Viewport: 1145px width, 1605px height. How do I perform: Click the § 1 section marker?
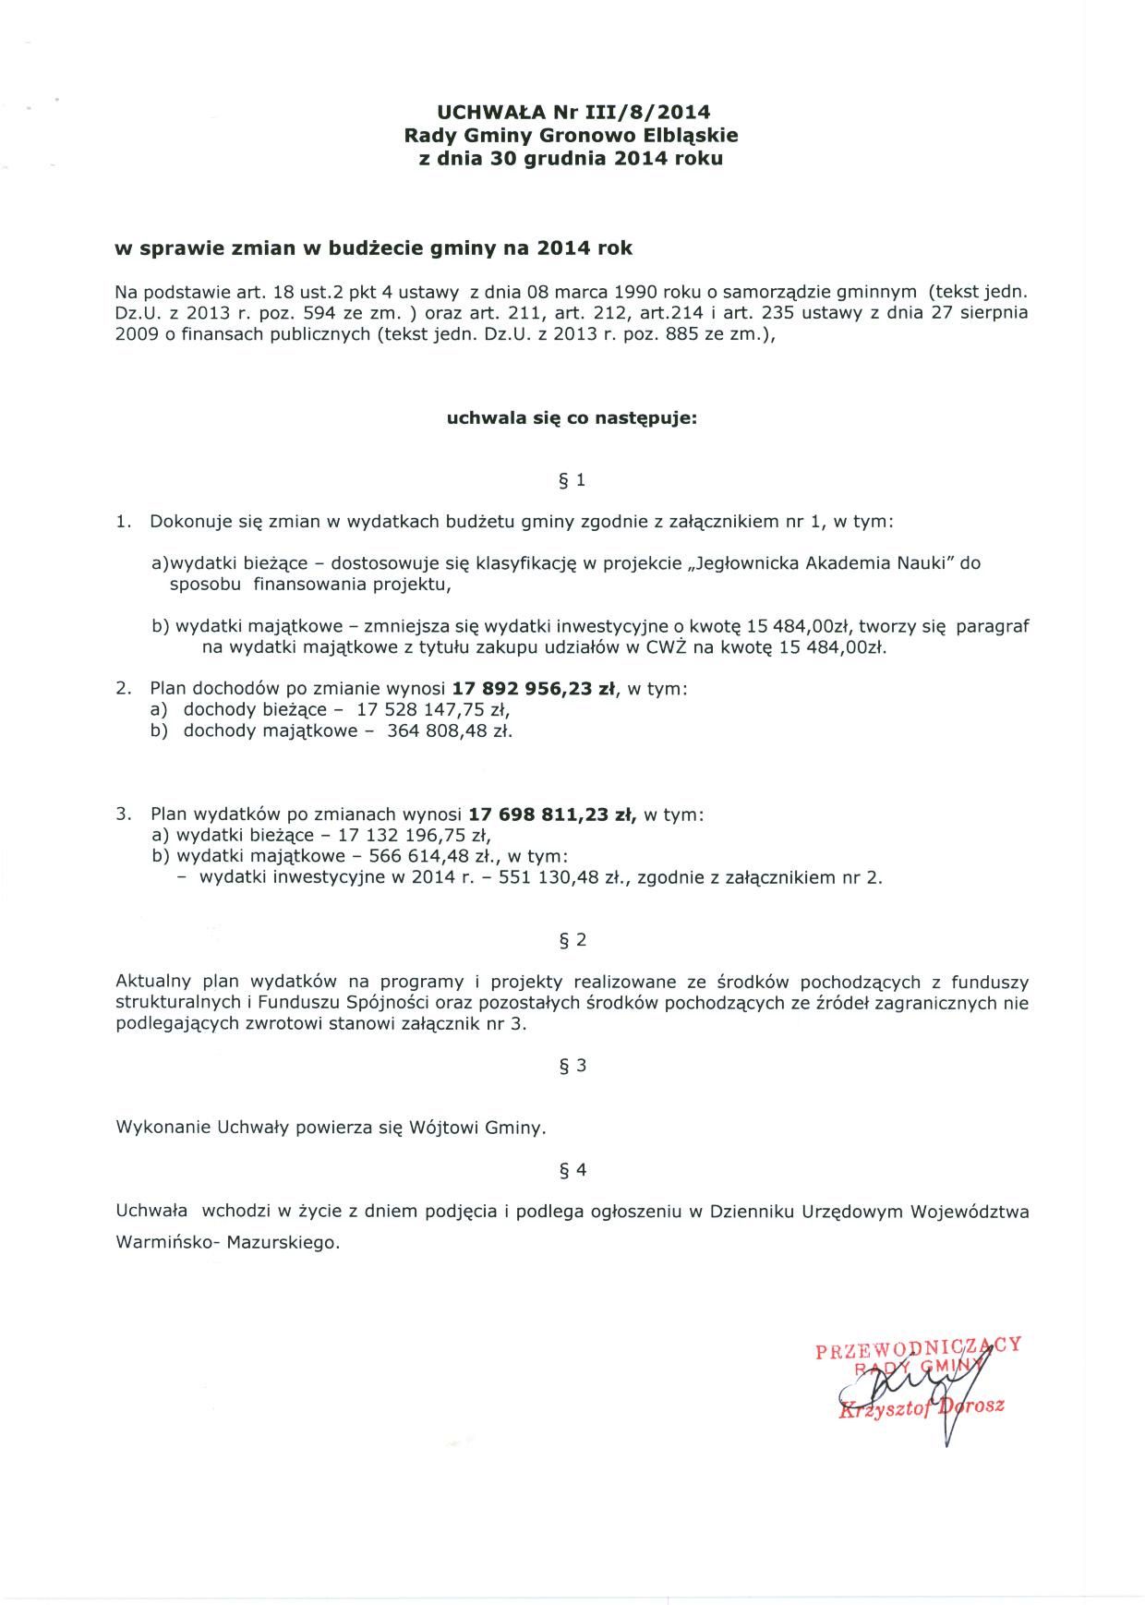click(x=572, y=480)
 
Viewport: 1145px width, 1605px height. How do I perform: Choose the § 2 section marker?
click(x=572, y=940)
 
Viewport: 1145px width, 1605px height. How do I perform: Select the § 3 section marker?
click(x=572, y=1065)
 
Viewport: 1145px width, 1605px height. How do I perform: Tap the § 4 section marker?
click(x=572, y=1170)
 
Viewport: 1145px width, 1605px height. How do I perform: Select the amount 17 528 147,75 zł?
click(x=433, y=710)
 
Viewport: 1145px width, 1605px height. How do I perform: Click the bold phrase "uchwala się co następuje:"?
click(x=572, y=418)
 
